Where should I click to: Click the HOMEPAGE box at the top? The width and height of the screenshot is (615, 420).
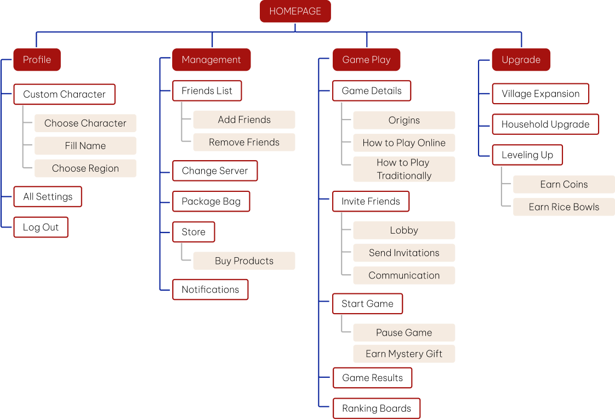coord(295,12)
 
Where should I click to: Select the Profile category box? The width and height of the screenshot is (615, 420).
coord(37,60)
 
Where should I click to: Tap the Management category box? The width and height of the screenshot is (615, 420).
coord(211,60)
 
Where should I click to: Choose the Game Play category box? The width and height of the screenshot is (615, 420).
coord(366,60)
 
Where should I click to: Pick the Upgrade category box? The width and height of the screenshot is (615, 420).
coord(521,60)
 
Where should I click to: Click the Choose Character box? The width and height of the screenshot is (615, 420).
coord(85,123)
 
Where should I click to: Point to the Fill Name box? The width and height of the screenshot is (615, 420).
coord(85,146)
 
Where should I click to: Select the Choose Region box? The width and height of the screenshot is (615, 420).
coord(85,168)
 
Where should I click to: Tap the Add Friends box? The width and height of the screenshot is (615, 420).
coord(244,120)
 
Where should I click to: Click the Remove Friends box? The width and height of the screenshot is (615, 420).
coord(244,142)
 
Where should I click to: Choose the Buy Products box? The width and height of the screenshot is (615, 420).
coord(244,261)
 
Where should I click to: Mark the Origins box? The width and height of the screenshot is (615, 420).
coord(404,120)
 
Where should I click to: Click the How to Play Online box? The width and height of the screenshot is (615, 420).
coord(404,143)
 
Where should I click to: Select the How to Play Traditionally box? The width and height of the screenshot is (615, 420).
coord(404,169)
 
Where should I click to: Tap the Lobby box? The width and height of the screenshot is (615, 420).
coord(404,230)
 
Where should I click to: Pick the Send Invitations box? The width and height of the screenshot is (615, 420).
coord(404,253)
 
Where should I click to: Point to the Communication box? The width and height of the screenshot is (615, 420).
coord(404,275)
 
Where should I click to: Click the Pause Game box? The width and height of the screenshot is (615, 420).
coord(404,332)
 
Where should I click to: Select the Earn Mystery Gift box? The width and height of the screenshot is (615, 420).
coord(404,354)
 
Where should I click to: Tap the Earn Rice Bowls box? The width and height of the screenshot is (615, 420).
coord(563,207)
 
